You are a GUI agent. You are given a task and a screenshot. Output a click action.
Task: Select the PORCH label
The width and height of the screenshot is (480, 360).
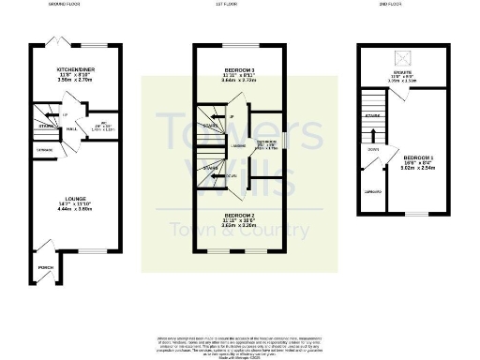point(44,266)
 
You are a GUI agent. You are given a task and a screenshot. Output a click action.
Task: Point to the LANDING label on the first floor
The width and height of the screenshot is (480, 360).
point(240,145)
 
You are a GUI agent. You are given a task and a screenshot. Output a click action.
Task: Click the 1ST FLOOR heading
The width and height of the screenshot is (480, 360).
point(241,5)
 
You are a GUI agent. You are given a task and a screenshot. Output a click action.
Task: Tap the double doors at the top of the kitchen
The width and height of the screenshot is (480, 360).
point(55,42)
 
